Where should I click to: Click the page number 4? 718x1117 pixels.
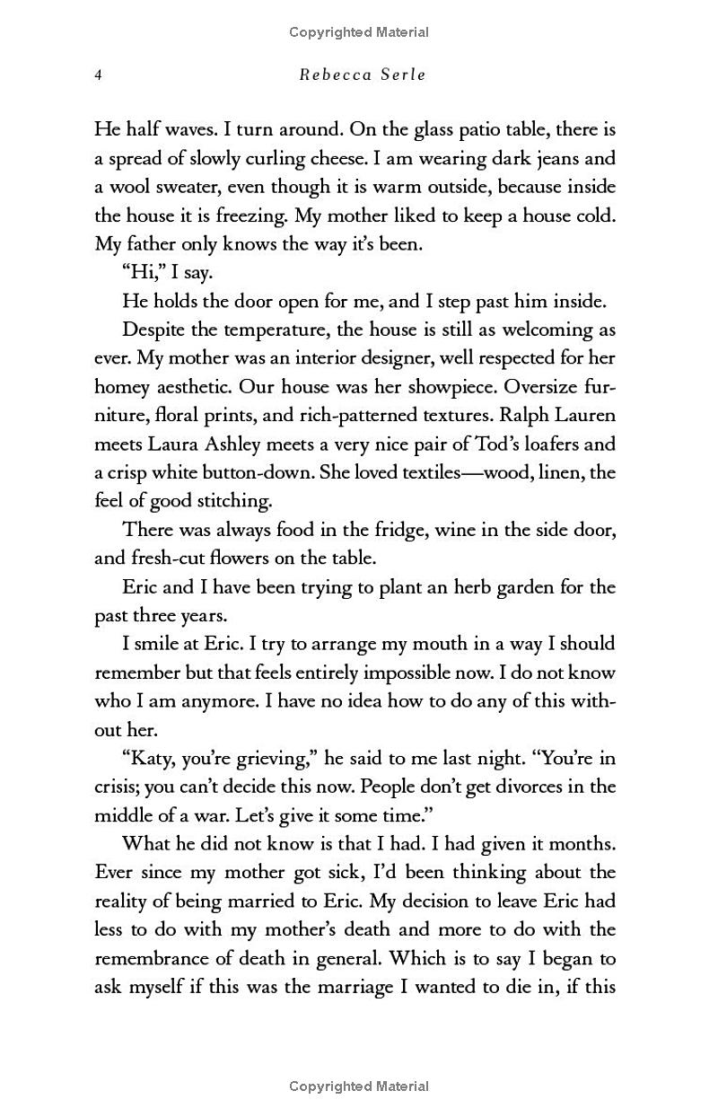coord(98,75)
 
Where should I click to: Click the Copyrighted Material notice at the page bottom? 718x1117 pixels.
coord(359,1086)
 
